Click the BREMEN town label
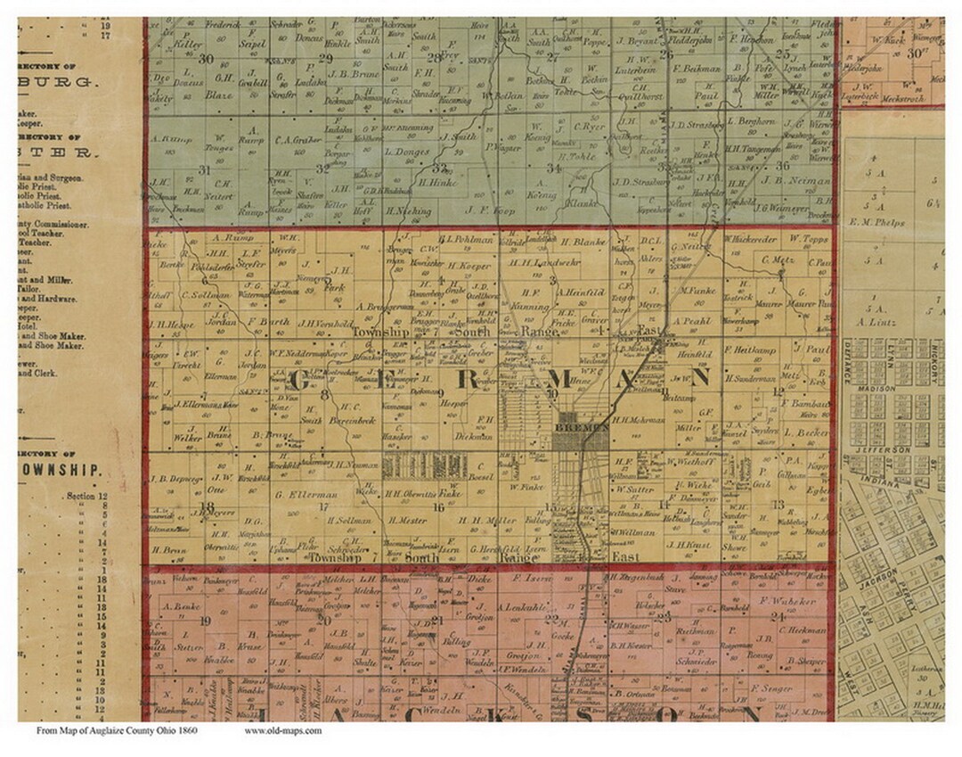point(581,427)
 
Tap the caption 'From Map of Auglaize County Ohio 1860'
point(117,730)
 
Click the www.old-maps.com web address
point(282,730)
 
